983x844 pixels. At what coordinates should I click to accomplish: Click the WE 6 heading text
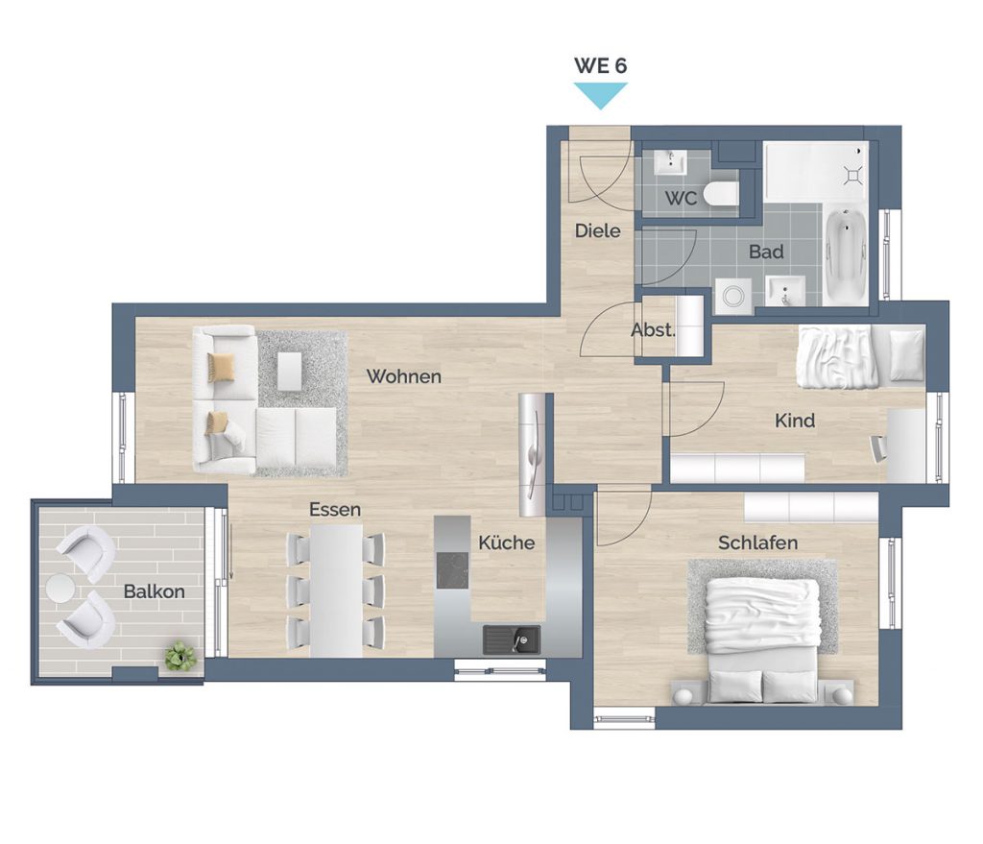[601, 65]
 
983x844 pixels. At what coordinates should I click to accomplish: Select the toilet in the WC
[720, 193]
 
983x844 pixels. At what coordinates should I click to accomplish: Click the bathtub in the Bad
[846, 257]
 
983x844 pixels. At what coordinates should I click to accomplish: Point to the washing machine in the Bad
[732, 296]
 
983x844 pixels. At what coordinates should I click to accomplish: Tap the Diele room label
[597, 230]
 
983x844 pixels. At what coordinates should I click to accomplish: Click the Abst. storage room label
[653, 330]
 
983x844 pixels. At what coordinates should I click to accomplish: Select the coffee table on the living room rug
[289, 371]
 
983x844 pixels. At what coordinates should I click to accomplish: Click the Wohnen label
[404, 376]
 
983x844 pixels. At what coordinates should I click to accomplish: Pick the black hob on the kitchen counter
[453, 570]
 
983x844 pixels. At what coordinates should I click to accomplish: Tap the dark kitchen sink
[512, 639]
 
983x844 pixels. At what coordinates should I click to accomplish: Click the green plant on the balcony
[180, 656]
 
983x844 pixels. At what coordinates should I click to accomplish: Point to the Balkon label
[155, 591]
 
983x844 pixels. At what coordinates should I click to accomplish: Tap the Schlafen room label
[758, 543]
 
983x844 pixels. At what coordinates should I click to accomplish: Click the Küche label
[507, 543]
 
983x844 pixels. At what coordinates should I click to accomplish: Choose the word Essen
[335, 509]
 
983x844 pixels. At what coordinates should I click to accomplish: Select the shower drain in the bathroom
[853, 175]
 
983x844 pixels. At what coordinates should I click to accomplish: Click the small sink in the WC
[670, 163]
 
